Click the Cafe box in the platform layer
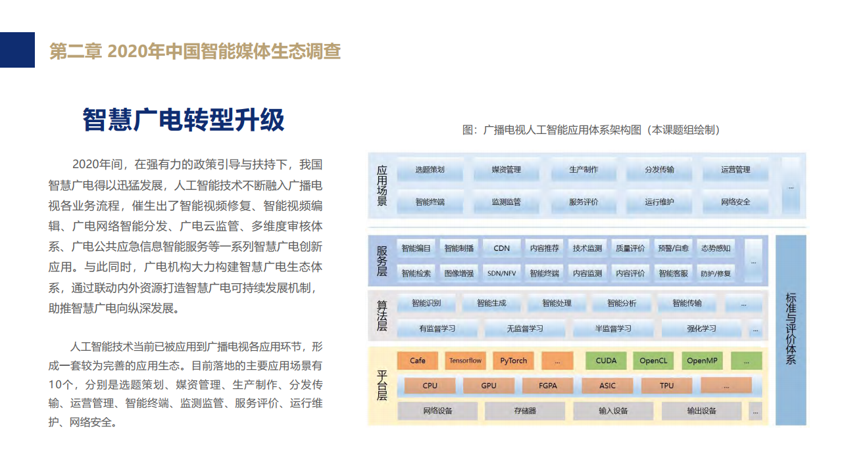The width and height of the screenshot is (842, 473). coord(418,361)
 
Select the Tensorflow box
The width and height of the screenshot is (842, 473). coord(465,361)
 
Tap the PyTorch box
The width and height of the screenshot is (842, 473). coord(513,361)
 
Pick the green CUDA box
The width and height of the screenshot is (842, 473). coord(606,361)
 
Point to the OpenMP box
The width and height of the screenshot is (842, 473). coord(702,361)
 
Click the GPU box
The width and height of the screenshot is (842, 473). coord(489,386)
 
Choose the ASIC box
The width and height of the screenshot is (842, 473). coord(607,386)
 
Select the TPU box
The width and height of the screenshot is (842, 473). coord(667,386)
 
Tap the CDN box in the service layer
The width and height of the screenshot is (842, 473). coord(501,248)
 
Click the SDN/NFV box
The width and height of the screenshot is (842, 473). coord(501,273)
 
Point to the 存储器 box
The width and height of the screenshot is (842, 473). coord(525,411)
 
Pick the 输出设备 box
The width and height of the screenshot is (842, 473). coord(701,411)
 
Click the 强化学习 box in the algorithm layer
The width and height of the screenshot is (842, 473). coord(701,328)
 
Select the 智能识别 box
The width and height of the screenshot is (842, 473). coord(426,304)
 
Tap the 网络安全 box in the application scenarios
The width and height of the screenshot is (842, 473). coord(735,202)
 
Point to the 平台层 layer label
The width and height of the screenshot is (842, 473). coord(382,386)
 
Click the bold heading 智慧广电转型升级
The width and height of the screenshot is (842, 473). coord(184,120)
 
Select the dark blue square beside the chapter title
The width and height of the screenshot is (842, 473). coord(17,50)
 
